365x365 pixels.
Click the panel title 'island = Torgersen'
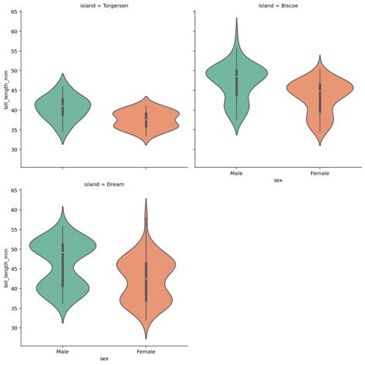(103, 5)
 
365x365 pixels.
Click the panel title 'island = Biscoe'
(277, 5)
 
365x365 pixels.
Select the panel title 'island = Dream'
(103, 185)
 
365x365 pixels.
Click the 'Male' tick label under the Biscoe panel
(236, 173)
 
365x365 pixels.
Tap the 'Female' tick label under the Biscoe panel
(319, 173)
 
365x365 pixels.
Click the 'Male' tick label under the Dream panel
(62, 351)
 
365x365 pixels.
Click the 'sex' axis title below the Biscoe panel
(277, 181)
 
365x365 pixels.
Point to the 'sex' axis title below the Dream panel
(103, 360)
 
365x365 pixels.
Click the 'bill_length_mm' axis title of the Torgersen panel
(5, 88)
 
